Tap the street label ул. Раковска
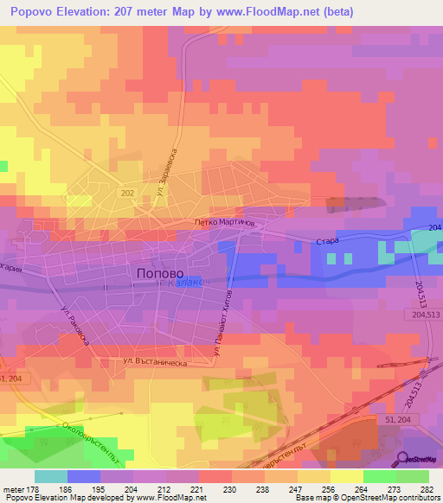76,321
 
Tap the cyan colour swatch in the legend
50,476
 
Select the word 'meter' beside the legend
12,488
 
